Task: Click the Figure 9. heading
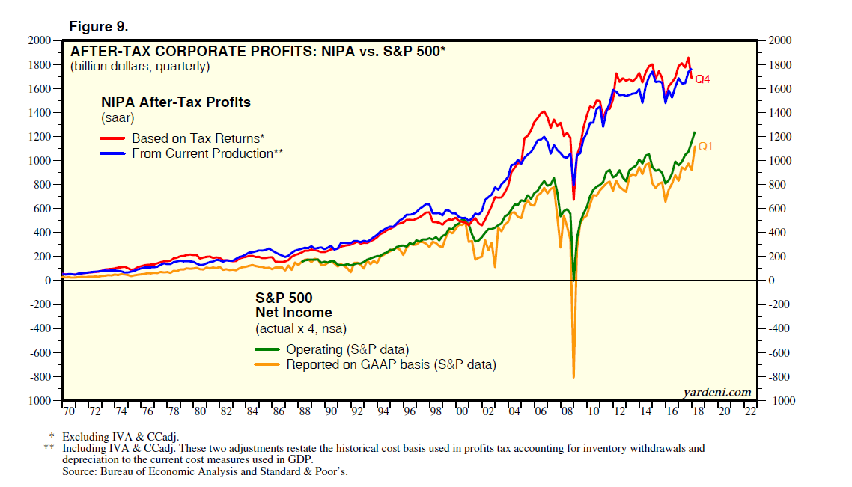(98, 27)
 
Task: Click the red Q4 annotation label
(702, 79)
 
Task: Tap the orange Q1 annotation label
(705, 147)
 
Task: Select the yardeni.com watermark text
(716, 392)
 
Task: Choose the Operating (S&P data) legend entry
(347, 349)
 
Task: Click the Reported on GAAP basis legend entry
(391, 364)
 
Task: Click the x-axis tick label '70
(69, 411)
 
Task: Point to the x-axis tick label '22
(750, 411)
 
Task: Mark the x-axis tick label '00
(461, 411)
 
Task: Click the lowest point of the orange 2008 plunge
(573, 377)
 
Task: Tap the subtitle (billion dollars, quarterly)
(139, 66)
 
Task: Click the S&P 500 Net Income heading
(293, 305)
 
